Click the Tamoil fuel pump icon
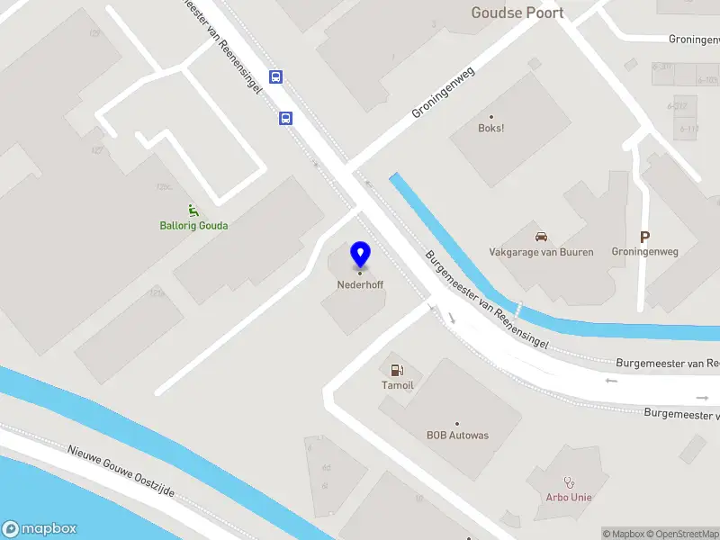click(x=396, y=370)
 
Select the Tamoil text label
click(x=397, y=385)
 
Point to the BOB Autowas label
click(x=457, y=436)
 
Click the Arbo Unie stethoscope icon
click(x=568, y=482)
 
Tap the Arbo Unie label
click(x=569, y=497)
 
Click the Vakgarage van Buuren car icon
click(x=541, y=237)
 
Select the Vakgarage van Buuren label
click(x=541, y=252)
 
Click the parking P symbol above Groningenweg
click(x=644, y=237)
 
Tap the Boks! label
click(x=490, y=128)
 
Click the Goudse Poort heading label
click(x=517, y=13)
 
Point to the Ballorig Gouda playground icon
click(x=193, y=211)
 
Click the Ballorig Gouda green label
click(x=193, y=225)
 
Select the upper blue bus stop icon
click(x=276, y=77)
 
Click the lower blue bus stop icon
click(x=285, y=118)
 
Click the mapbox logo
click(x=39, y=529)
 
